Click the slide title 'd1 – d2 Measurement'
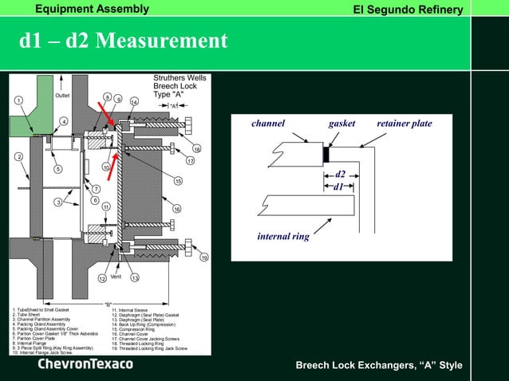(x=124, y=40)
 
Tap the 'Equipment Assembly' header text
(x=92, y=9)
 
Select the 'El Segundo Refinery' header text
(x=408, y=10)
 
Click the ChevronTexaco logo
(x=85, y=364)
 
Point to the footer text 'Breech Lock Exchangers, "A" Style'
(x=379, y=365)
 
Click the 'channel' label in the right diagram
(x=268, y=124)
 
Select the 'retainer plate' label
(x=404, y=124)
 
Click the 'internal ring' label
(x=283, y=236)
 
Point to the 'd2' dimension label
(x=340, y=173)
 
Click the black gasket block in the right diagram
(x=326, y=154)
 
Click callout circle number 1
(x=17, y=100)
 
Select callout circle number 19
(x=204, y=257)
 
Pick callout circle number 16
(x=177, y=209)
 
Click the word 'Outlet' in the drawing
(x=62, y=96)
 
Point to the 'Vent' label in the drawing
(x=116, y=276)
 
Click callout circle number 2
(x=17, y=156)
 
